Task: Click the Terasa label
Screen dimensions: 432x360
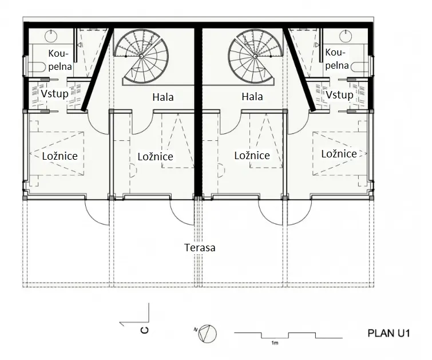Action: click(x=200, y=247)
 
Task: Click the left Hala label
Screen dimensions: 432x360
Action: click(x=163, y=97)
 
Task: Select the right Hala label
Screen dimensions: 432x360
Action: click(x=252, y=97)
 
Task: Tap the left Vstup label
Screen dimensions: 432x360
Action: click(x=54, y=94)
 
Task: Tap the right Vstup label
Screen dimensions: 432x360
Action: click(x=339, y=95)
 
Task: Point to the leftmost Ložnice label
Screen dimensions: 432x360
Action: click(x=60, y=156)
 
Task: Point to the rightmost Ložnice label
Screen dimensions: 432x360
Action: click(x=339, y=153)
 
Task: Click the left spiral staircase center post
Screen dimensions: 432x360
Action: click(x=141, y=56)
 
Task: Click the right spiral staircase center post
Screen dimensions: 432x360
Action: click(x=255, y=56)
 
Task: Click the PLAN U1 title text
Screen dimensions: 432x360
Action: click(x=389, y=333)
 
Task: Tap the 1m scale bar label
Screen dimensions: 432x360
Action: click(x=275, y=343)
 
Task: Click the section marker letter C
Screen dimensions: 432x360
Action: click(x=145, y=330)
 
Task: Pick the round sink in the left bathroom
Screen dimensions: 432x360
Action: click(x=51, y=36)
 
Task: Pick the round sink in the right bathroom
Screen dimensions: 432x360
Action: click(x=345, y=36)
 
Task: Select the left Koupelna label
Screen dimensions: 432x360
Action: click(x=60, y=60)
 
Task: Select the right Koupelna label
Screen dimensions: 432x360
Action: click(x=336, y=59)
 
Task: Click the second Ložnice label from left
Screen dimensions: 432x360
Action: click(x=156, y=157)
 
